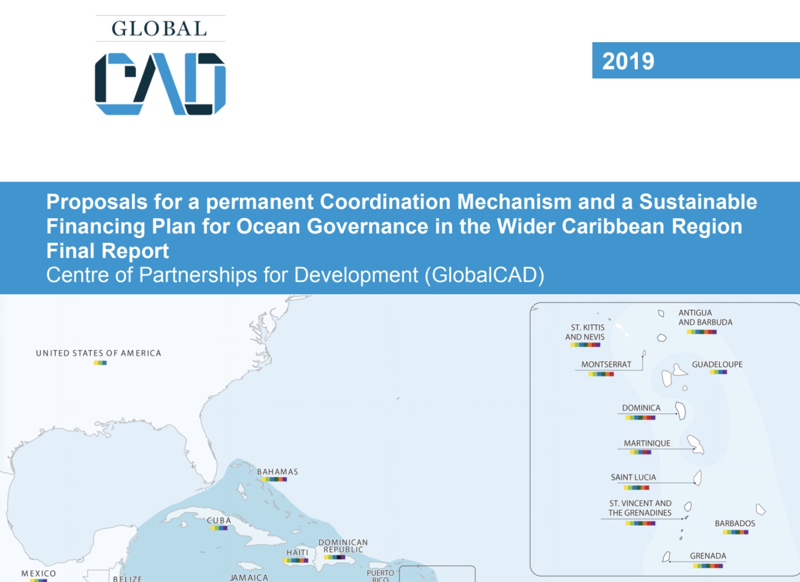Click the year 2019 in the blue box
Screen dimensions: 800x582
tap(628, 61)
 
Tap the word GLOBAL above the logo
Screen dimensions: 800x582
tap(160, 29)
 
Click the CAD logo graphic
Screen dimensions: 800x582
tap(160, 84)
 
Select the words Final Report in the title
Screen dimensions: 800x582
tap(108, 251)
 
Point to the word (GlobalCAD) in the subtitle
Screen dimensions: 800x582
tap(484, 275)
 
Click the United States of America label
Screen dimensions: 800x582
tap(99, 353)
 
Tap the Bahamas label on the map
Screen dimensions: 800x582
tap(277, 472)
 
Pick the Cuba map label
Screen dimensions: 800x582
tap(219, 521)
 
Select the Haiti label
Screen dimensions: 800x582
tap(297, 552)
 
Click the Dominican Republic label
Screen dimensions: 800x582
tap(343, 546)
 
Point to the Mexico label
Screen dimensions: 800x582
tap(39, 574)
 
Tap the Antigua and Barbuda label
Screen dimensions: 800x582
tap(705, 318)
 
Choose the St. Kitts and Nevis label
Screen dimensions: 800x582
tap(585, 332)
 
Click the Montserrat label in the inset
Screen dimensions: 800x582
tap(606, 364)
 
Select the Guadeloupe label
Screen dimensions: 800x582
tap(717, 364)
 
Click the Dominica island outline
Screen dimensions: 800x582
tap(681, 410)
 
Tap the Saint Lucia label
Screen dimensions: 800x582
tap(633, 477)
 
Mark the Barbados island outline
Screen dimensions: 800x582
tap(760, 509)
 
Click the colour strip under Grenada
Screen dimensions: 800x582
tap(708, 566)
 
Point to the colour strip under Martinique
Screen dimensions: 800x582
tap(640, 453)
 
